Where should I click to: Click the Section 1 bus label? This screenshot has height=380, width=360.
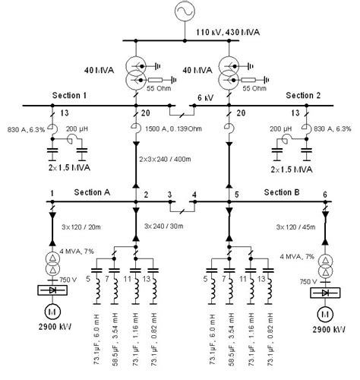tap(71, 96)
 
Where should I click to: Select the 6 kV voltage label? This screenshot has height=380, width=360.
tap(205, 98)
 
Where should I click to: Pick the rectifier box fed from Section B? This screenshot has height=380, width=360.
tap(325, 293)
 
